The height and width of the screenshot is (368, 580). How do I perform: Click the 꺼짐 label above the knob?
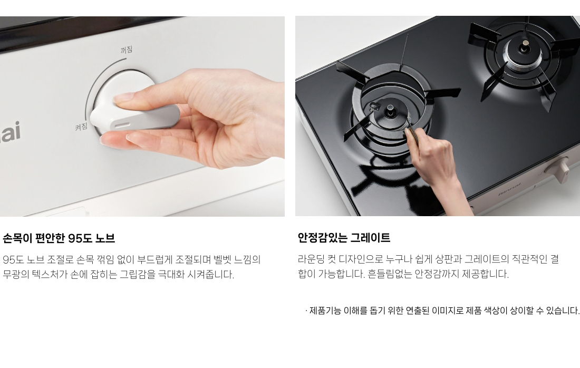point(127,50)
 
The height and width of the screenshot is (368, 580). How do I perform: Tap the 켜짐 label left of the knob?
point(81,127)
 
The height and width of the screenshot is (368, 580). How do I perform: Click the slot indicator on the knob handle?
point(122,124)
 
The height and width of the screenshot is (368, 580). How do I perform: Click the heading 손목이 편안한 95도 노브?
point(59,238)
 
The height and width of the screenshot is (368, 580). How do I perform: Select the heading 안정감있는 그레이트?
point(344,237)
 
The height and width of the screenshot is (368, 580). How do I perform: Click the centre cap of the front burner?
point(390,110)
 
